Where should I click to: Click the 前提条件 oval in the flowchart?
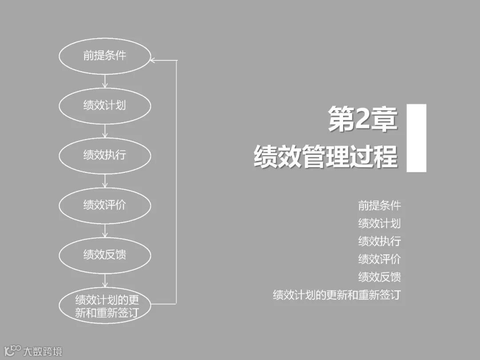click(x=105, y=56)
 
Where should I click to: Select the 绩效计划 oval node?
click(x=105, y=105)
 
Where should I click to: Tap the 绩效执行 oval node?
click(x=105, y=155)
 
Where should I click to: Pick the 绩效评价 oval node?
click(x=105, y=205)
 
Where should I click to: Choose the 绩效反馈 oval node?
click(x=105, y=255)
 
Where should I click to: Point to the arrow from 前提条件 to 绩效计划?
click(x=105, y=81)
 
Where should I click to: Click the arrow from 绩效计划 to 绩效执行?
click(x=105, y=131)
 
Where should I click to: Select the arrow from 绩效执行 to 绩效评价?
click(x=105, y=180)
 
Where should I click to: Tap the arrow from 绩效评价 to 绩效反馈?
click(x=105, y=230)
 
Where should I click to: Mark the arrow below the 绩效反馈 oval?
click(x=105, y=280)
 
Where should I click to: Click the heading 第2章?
click(x=362, y=119)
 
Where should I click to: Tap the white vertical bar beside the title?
click(x=416, y=138)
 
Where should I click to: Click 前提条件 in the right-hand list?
click(x=380, y=205)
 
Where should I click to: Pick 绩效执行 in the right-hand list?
click(x=380, y=241)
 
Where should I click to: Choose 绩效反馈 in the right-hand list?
click(x=380, y=277)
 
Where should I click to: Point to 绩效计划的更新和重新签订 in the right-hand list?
click(x=336, y=295)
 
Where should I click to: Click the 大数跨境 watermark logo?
click(x=33, y=351)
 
